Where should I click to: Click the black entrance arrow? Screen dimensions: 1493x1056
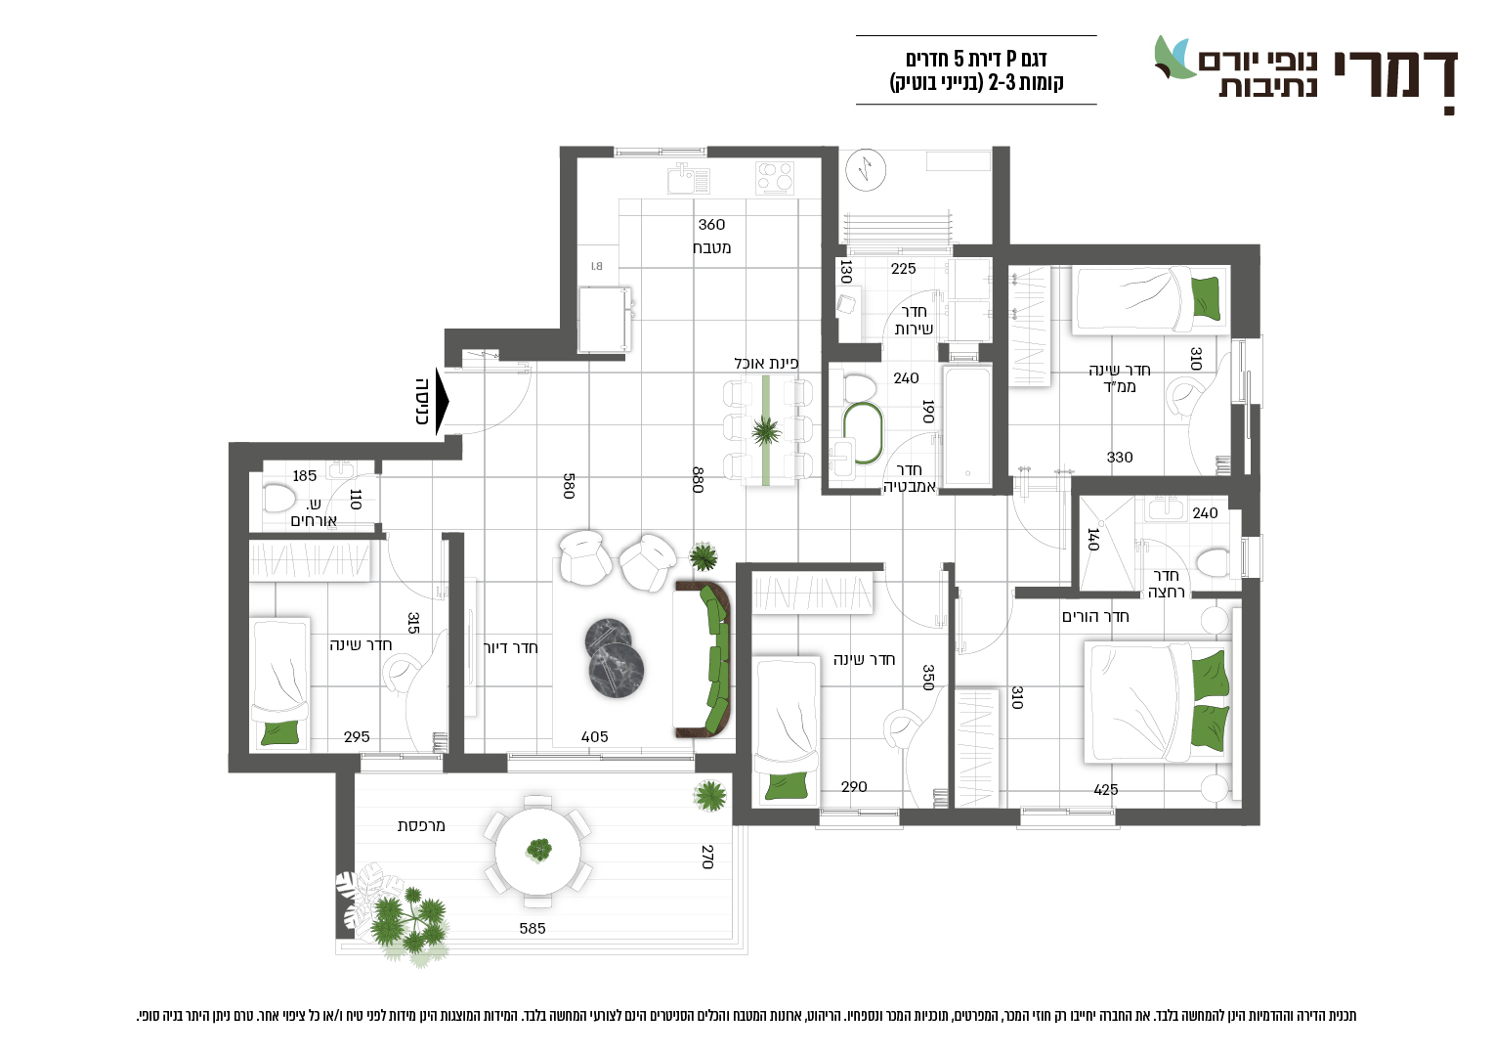[442, 402]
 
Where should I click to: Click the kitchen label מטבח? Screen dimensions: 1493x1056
[711, 247]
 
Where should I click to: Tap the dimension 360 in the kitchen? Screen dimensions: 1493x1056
[711, 225]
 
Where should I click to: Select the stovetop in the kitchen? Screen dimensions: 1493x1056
[775, 178]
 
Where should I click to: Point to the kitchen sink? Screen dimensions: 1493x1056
[689, 178]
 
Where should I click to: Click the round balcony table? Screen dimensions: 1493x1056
[537, 852]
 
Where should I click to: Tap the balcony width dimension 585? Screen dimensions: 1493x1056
[533, 928]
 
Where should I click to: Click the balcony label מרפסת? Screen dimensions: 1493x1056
[421, 826]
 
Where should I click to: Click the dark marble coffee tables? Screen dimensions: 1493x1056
[615, 658]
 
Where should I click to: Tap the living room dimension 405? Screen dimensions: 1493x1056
[594, 737]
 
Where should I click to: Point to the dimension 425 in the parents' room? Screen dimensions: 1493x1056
[1106, 790]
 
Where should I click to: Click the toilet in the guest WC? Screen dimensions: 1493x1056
[279, 498]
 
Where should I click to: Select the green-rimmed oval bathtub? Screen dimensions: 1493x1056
[863, 433]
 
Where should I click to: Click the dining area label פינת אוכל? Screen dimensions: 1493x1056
[766, 364]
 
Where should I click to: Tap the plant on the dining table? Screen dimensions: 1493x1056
[766, 431]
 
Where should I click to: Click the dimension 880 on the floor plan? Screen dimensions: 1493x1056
[698, 480]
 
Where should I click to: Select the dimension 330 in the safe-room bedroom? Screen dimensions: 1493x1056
[1120, 458]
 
